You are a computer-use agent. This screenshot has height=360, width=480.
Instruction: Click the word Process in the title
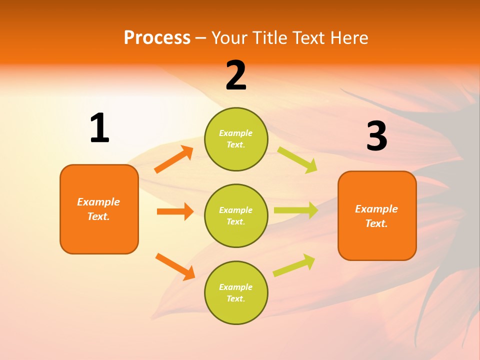point(157,37)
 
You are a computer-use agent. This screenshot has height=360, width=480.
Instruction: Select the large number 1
point(99,128)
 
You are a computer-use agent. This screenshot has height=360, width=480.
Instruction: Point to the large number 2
point(236,75)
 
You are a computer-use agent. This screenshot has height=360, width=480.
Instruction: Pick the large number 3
point(376,136)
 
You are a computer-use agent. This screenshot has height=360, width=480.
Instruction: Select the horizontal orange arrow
point(175,211)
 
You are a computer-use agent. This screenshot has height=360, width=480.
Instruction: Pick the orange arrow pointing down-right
point(175,266)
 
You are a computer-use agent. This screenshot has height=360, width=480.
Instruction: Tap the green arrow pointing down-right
point(297,159)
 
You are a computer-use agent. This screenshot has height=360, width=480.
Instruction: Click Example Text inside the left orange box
point(98,209)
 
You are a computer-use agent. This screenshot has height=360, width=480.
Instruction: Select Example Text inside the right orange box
point(376,216)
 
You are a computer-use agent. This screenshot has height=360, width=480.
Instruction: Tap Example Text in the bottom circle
point(236,292)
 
